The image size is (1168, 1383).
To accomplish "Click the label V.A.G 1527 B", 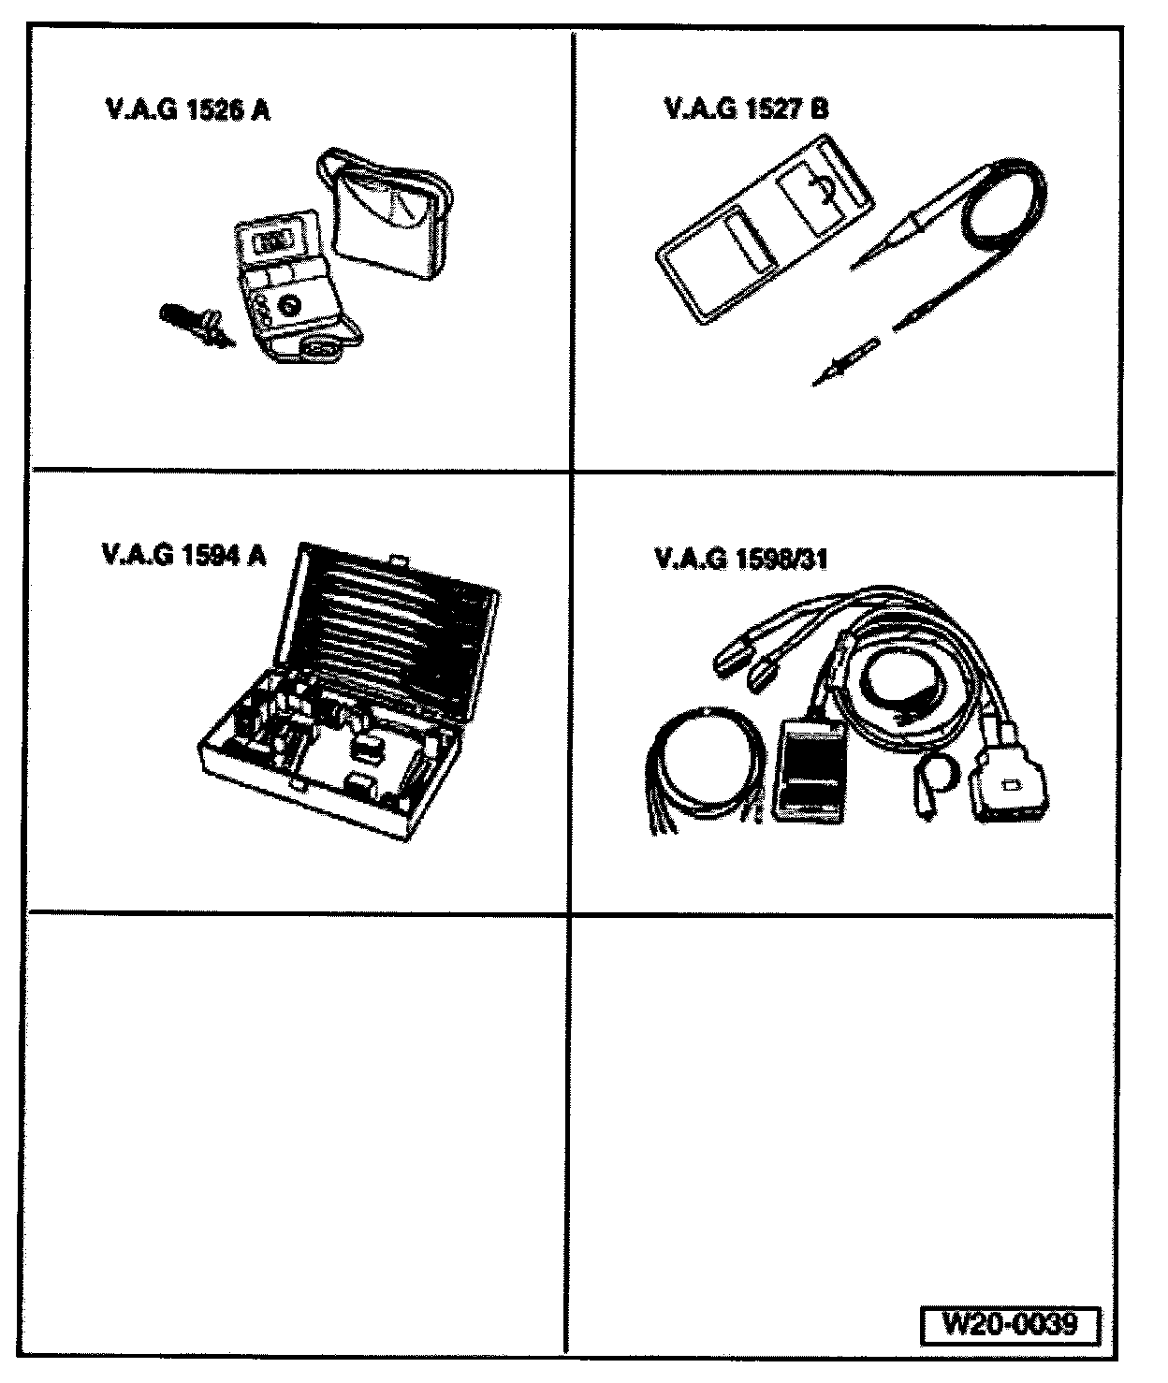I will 746,109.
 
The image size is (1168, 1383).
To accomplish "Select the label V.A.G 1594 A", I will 184,556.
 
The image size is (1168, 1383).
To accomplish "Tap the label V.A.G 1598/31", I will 741,560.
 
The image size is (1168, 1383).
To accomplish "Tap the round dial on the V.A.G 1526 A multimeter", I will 287,303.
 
